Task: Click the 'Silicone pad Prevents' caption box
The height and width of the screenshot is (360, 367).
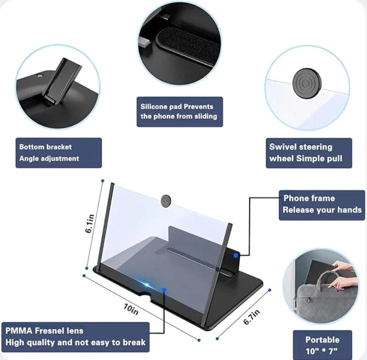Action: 180,111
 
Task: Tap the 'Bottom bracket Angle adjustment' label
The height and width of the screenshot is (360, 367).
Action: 58,153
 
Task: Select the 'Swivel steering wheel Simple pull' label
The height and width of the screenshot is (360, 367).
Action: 309,153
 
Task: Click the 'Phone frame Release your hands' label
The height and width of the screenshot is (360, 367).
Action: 322,204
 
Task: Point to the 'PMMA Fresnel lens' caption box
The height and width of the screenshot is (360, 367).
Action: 75,336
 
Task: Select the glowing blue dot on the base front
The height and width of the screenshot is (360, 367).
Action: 164,290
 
